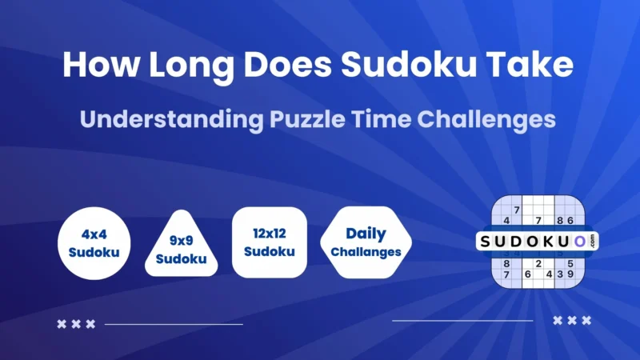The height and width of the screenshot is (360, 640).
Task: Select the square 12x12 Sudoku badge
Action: (x=268, y=242)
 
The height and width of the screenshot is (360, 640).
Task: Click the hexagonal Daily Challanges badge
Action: (x=366, y=242)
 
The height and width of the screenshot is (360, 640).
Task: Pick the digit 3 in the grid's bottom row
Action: (x=559, y=274)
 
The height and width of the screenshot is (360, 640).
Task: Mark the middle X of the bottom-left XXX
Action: (x=76, y=324)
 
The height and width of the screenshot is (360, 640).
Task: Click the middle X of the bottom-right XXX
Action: (x=572, y=320)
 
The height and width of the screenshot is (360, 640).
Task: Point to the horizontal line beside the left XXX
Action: (x=173, y=324)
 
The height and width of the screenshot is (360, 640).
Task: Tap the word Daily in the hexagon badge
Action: (x=366, y=234)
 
